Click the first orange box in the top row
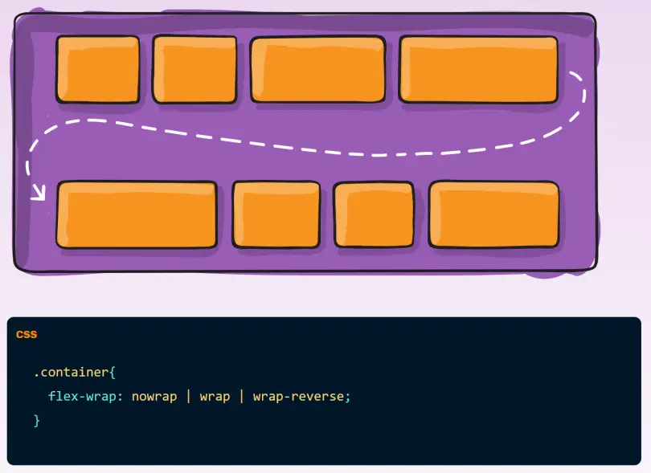click(97, 69)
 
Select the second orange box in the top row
click(194, 69)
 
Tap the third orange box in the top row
click(317, 69)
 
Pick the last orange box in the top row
click(477, 69)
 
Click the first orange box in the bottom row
click(136, 214)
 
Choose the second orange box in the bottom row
click(276, 214)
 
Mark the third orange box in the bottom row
click(374, 214)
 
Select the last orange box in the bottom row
click(493, 214)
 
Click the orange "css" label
click(27, 334)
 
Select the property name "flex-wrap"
click(78, 397)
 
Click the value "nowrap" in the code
click(154, 397)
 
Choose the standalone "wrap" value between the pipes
click(215, 397)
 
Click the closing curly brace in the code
click(36, 421)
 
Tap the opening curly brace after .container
click(113, 373)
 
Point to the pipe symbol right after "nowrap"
click(189, 397)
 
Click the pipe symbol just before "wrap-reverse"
click(241, 397)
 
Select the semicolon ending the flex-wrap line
click(349, 398)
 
